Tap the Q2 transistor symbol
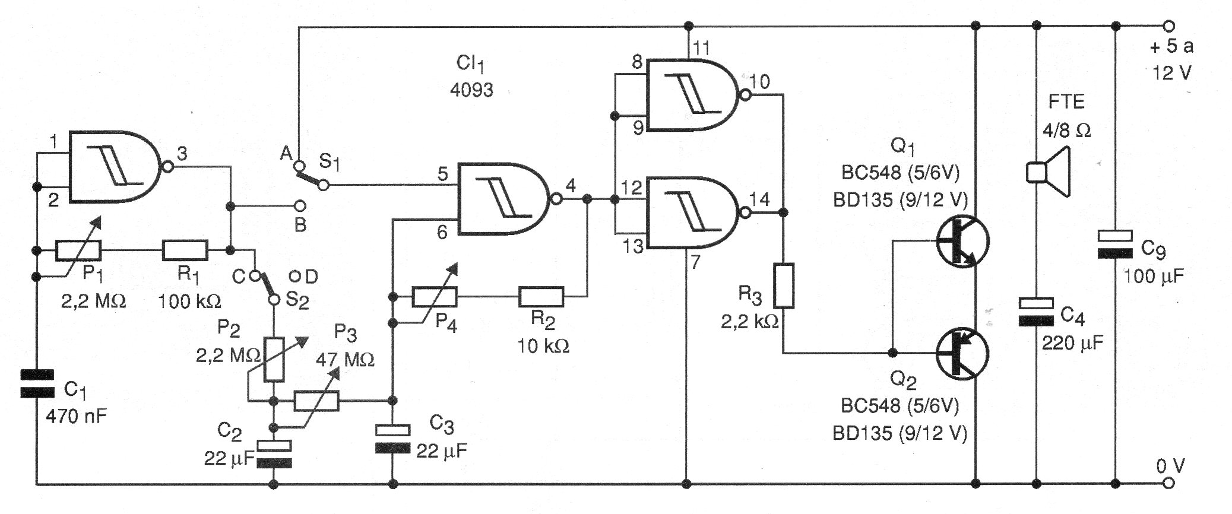pyautogui.click(x=962, y=354)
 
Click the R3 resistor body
pyautogui.click(x=784, y=286)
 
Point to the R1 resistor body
pyautogui.click(x=185, y=250)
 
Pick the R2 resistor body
pyautogui.click(x=541, y=296)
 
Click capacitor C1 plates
pyautogui.click(x=37, y=383)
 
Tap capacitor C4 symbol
pyautogui.click(x=1036, y=312)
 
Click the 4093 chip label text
pyautogui.click(x=471, y=90)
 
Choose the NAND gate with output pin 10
pyautogui.click(x=692, y=95)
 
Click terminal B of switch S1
pyautogui.click(x=300, y=206)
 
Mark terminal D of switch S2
pyautogui.click(x=295, y=276)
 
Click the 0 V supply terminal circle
pyautogui.click(x=1168, y=483)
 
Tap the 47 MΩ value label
pyautogui.click(x=345, y=360)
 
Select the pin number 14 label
pyautogui.click(x=759, y=199)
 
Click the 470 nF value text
pyautogui.click(x=76, y=416)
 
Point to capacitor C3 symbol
pyautogui.click(x=392, y=438)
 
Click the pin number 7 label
pyautogui.click(x=695, y=261)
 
